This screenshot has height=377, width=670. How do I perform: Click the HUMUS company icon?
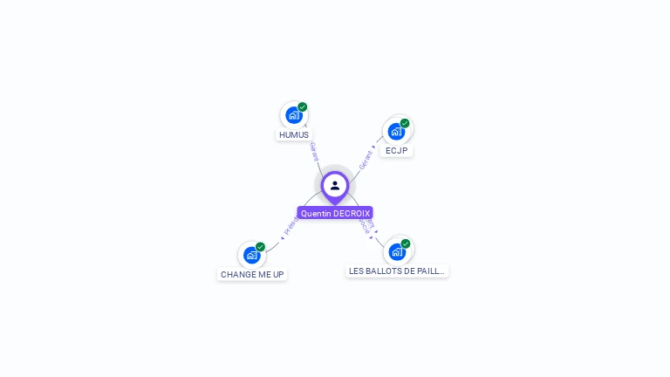pos(293,114)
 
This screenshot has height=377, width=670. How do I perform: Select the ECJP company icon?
pos(396,131)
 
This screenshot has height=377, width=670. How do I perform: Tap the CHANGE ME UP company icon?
pos(251,255)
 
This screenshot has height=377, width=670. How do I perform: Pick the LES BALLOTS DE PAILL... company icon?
pos(397,251)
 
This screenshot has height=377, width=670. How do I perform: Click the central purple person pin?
pos(335,185)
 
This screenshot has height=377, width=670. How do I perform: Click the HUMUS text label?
pos(294,135)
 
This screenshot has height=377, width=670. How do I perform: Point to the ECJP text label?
pos(396,151)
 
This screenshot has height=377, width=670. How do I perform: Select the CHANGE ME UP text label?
pos(252,275)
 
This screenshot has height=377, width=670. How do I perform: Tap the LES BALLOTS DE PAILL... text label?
pos(397,271)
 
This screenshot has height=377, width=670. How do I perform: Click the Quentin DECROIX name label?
pos(335,213)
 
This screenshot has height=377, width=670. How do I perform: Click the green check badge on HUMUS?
pos(303,107)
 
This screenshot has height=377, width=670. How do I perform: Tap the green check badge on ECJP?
pos(405,123)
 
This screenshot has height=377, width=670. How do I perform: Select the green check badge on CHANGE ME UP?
pos(260,247)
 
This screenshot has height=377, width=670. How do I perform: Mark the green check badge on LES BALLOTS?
pos(406,243)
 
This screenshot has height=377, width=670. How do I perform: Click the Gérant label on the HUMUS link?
pos(314,151)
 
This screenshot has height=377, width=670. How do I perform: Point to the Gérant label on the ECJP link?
pos(366,159)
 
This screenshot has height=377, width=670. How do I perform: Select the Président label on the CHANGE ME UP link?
pos(291,225)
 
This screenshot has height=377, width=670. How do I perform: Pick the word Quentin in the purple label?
pos(316,213)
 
